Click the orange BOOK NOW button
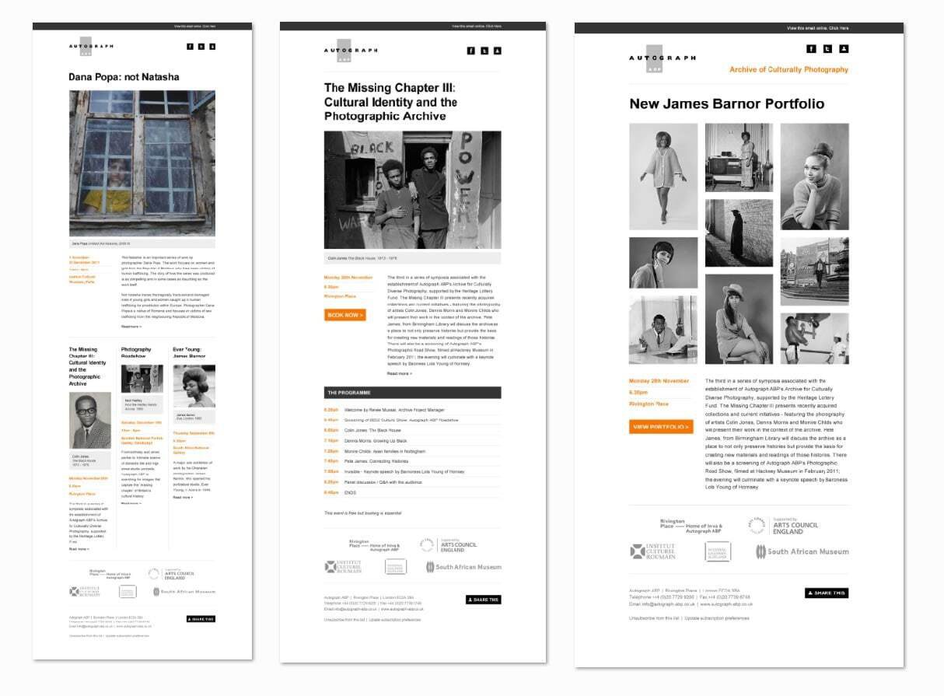344,315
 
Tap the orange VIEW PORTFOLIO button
661,427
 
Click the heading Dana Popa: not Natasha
124,77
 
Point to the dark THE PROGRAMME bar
412,393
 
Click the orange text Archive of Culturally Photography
788,70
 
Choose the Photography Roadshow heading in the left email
136,353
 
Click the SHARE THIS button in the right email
826,593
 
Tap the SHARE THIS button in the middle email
484,600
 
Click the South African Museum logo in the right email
802,551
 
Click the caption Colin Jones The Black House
362,257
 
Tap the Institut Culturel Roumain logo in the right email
652,551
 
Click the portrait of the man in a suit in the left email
90,421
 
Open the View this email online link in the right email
817,28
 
